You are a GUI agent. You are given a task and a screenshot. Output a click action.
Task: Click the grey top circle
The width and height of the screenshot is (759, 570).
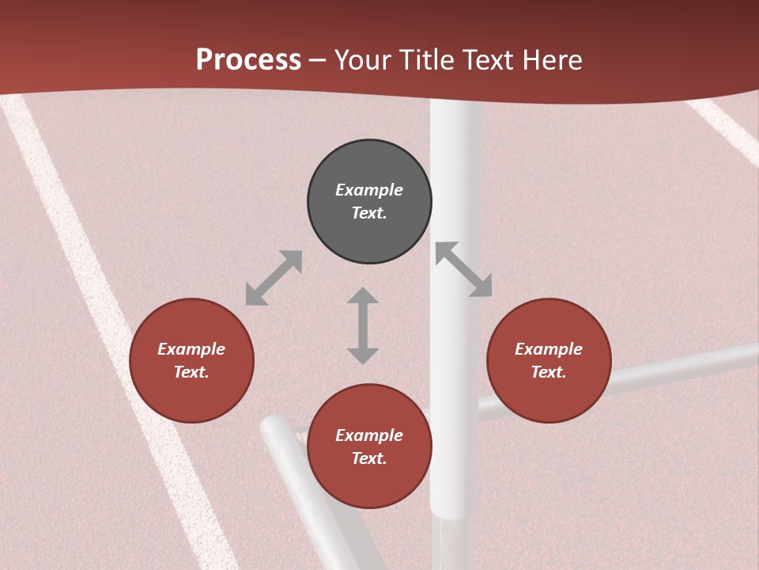[x=369, y=202]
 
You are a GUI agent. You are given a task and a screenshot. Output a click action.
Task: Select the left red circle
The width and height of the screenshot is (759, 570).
[x=191, y=361]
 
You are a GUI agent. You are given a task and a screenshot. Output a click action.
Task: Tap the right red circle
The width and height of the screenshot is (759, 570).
[x=549, y=361]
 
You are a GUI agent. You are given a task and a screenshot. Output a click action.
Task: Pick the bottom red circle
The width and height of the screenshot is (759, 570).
[x=369, y=447]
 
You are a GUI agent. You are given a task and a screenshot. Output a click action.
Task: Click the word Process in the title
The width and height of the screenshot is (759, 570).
[x=248, y=60]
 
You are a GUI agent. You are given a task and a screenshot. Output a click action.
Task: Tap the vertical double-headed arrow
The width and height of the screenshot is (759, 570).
[x=363, y=325]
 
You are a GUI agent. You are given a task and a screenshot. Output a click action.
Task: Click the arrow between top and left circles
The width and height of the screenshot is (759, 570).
[x=274, y=278]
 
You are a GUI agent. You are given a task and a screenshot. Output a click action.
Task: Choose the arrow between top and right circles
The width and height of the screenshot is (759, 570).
[x=463, y=269]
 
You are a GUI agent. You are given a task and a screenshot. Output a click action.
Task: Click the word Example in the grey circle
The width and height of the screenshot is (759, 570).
[x=369, y=190]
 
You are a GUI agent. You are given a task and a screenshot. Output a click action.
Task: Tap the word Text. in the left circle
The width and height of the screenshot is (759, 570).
[x=191, y=372]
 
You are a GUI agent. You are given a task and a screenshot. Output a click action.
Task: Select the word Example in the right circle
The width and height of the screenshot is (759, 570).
[x=549, y=349]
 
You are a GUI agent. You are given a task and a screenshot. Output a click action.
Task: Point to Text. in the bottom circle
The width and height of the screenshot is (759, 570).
[x=369, y=458]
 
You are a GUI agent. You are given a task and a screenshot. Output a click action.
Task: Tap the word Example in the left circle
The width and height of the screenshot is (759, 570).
[x=191, y=349]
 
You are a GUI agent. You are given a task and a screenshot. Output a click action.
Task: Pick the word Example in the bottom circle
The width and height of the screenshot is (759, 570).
[x=369, y=435]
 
